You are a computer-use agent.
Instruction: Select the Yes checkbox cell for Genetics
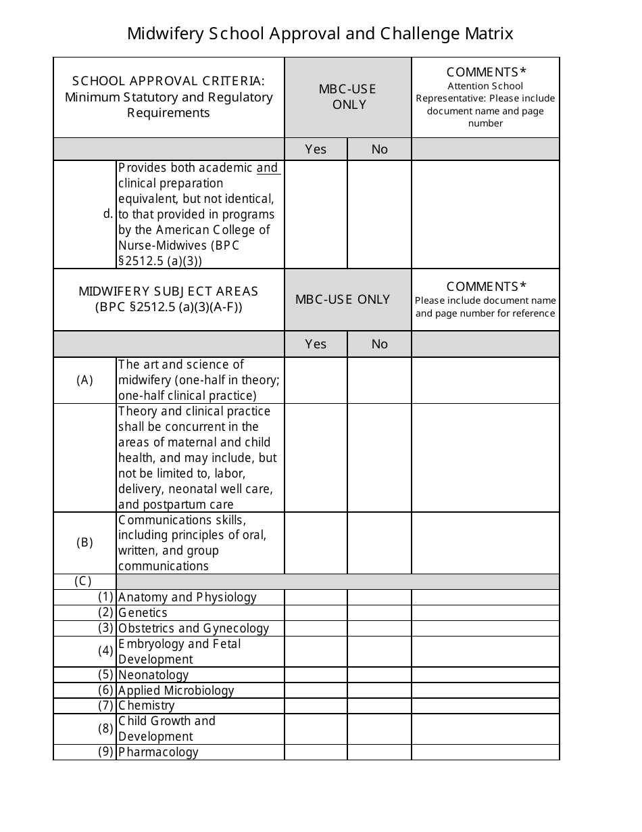[x=316, y=613]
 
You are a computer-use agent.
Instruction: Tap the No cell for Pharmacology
[x=379, y=752]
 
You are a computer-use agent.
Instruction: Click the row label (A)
[x=84, y=380]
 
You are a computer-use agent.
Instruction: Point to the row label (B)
[x=84, y=542]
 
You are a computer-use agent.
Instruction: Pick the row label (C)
[x=83, y=581]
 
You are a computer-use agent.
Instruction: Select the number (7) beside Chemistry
[x=105, y=706]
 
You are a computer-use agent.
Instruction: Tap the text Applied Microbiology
[x=176, y=691]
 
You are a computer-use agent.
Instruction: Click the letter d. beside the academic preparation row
[x=108, y=214]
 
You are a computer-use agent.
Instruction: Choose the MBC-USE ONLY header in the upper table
[x=349, y=97]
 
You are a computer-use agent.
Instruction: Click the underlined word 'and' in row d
[x=267, y=168]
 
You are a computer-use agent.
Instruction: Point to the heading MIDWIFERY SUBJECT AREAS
[x=168, y=292]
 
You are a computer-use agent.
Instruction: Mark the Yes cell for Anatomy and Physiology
[x=316, y=597]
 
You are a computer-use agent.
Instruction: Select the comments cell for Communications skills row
[x=485, y=542]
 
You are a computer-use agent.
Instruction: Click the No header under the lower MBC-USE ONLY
[x=379, y=344]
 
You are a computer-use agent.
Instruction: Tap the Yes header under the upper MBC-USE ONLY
[x=316, y=149]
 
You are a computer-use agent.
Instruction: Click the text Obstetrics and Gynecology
[x=193, y=628]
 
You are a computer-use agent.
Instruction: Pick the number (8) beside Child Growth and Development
[x=105, y=729]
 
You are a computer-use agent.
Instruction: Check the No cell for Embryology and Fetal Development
[x=379, y=651]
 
